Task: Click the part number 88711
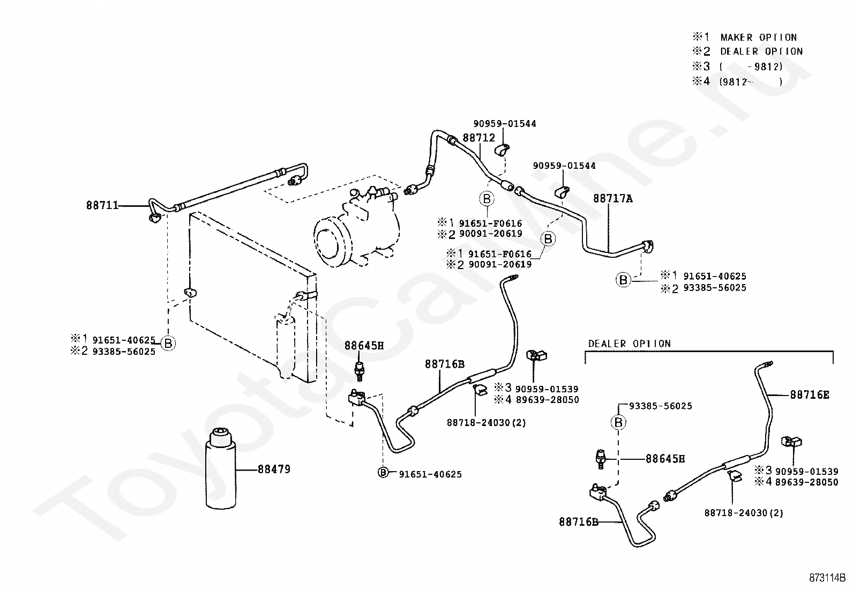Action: pyautogui.click(x=102, y=205)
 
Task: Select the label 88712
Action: pyautogui.click(x=478, y=138)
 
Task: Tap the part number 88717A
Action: pyautogui.click(x=613, y=198)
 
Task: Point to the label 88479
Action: pyautogui.click(x=274, y=469)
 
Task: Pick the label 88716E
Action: pyautogui.click(x=810, y=394)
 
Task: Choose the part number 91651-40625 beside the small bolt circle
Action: pyautogui.click(x=430, y=474)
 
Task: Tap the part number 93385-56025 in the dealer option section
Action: pyautogui.click(x=660, y=406)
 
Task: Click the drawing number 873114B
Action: pyautogui.click(x=827, y=578)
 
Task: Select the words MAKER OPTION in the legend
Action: pyautogui.click(x=758, y=38)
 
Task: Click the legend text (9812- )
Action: pyautogui.click(x=751, y=81)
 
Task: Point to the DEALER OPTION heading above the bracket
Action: pyautogui.click(x=630, y=344)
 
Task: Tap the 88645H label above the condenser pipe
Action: pyautogui.click(x=364, y=346)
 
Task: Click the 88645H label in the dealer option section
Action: pyautogui.click(x=665, y=459)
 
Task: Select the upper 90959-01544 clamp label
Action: pyautogui.click(x=505, y=124)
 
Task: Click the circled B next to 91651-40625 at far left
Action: pyautogui.click(x=168, y=343)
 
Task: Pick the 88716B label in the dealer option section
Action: pyautogui.click(x=579, y=522)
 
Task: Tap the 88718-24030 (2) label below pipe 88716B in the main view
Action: pyautogui.click(x=487, y=423)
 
